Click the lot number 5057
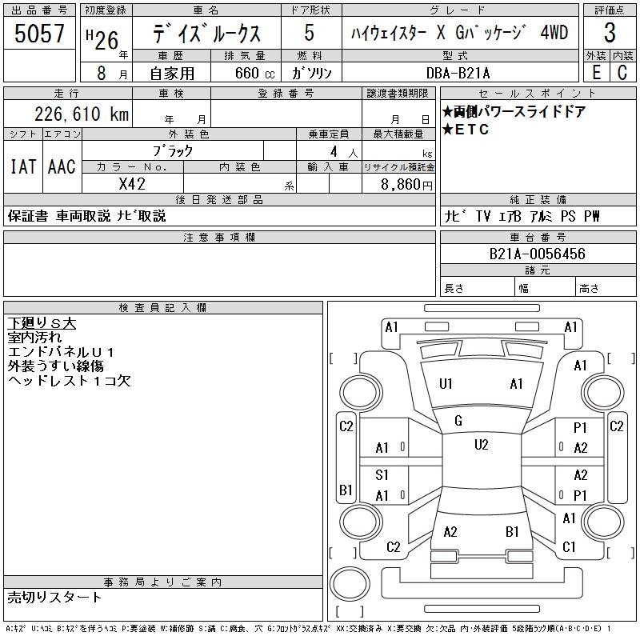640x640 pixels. tap(39, 34)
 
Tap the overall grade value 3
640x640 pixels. tap(610, 34)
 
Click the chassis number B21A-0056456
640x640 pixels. tap(538, 254)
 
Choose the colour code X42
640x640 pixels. tap(133, 183)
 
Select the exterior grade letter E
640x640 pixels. tap(596, 73)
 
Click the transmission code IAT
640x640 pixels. tap(22, 167)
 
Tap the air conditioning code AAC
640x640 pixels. tap(62, 167)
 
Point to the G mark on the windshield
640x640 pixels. tap(458, 421)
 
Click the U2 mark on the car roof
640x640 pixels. tap(481, 445)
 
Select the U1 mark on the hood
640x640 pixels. tap(446, 384)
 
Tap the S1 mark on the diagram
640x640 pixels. tap(382, 475)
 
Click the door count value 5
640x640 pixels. tap(309, 34)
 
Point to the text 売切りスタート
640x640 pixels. tap(55, 597)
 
